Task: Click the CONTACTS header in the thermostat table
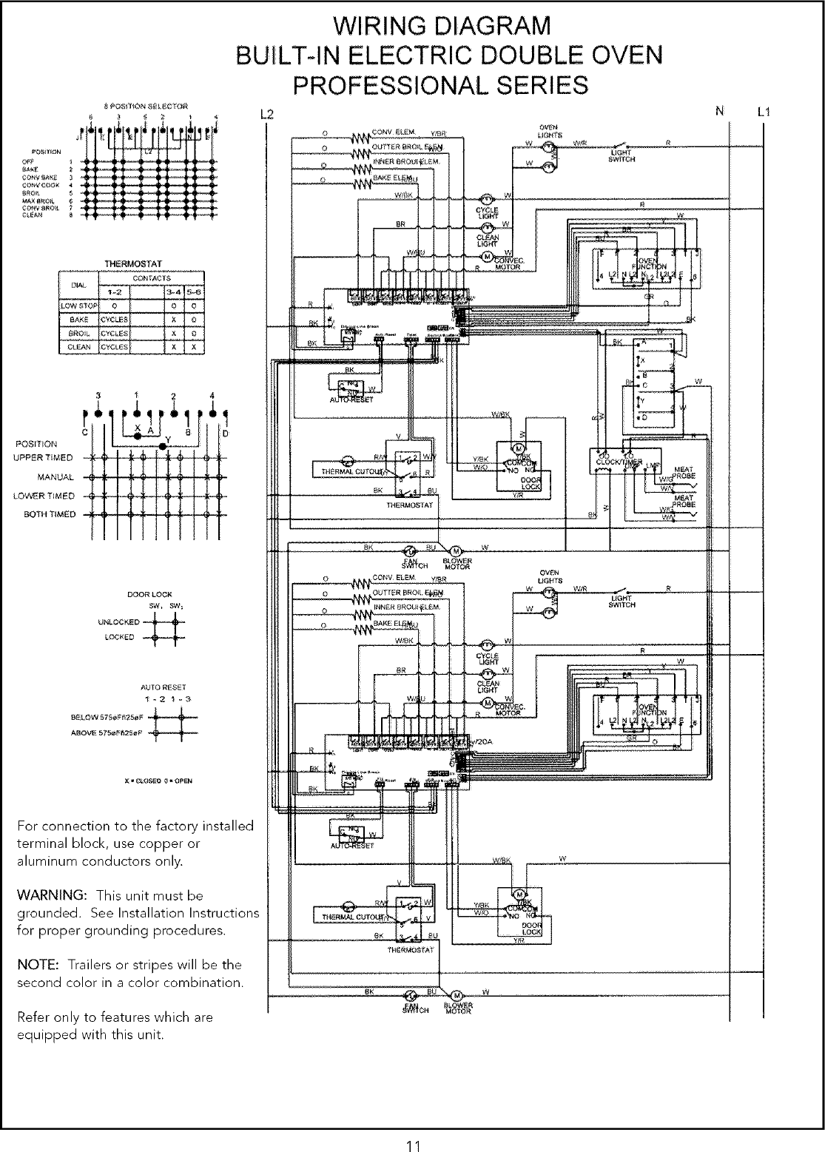[x=156, y=278]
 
